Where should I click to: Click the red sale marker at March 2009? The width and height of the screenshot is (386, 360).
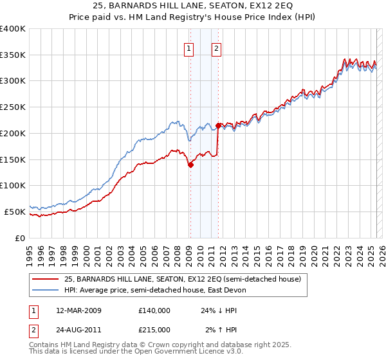tap(190, 165)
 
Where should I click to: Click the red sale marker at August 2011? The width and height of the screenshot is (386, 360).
tap(219, 125)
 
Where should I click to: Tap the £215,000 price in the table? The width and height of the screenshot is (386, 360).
tap(154, 329)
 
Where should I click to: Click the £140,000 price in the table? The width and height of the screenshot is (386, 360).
tap(154, 310)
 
